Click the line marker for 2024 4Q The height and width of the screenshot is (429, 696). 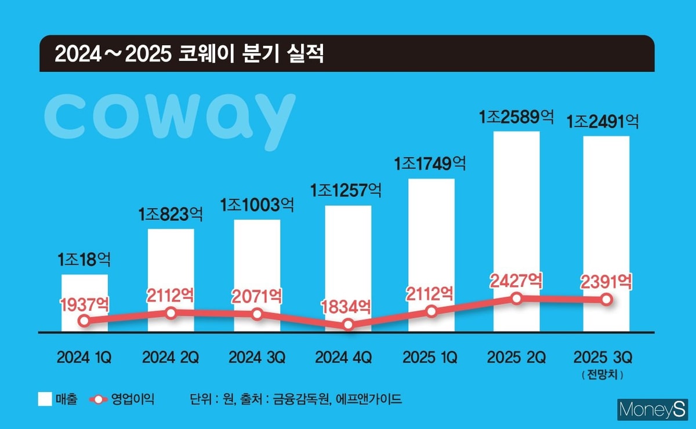point(348,325)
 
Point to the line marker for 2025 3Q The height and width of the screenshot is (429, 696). point(606,299)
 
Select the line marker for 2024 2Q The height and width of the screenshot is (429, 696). point(171,313)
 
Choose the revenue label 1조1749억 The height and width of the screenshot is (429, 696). point(430,165)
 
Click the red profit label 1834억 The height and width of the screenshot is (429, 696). point(347,306)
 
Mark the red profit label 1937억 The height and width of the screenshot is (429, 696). point(85,303)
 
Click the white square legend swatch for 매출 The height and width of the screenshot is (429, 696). point(45,399)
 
